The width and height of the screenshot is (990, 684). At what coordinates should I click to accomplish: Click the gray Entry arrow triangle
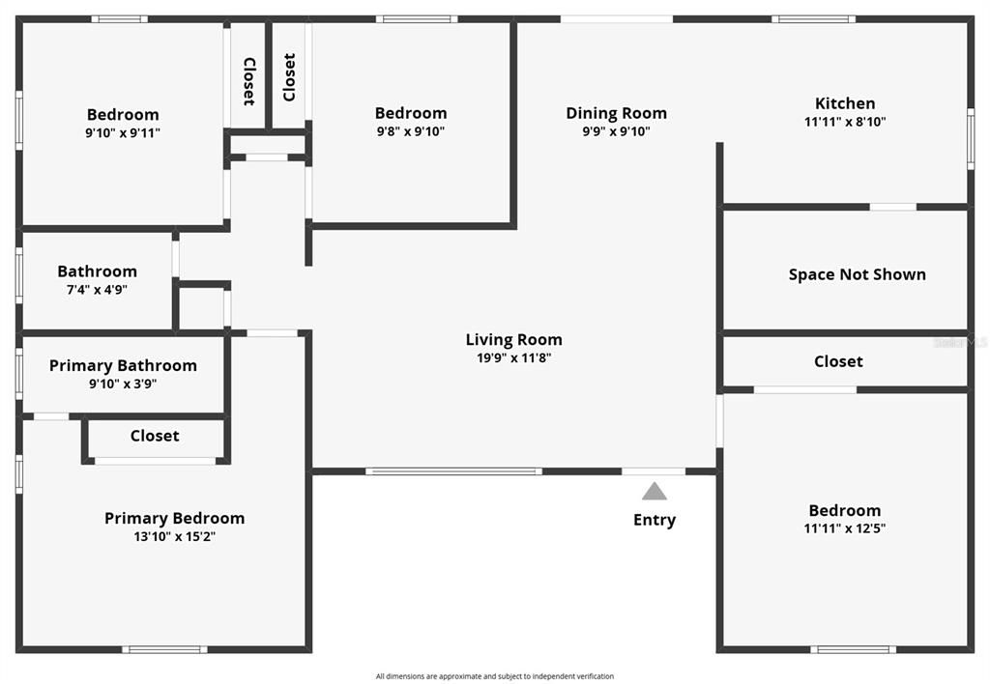coord(655,492)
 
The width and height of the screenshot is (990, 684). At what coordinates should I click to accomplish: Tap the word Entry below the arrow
coord(655,520)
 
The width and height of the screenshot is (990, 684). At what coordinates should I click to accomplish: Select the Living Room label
coord(513,339)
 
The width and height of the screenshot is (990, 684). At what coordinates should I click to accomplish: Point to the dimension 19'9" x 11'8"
coord(513,357)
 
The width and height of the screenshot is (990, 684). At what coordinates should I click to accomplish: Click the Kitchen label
coord(845,103)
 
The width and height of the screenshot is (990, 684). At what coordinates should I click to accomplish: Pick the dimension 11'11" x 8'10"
coord(845,122)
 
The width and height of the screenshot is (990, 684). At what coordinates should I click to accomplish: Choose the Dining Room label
coord(616,113)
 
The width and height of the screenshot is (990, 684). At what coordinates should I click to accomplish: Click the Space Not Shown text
coord(857,274)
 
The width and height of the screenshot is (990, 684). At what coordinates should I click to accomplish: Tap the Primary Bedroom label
coord(174,518)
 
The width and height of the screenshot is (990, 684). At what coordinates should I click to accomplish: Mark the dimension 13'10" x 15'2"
coord(174,536)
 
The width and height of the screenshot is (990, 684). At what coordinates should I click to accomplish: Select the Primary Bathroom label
coord(123,365)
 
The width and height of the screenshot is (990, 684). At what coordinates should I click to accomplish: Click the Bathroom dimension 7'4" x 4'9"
coord(97,289)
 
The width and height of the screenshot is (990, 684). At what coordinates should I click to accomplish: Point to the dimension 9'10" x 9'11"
coord(123,132)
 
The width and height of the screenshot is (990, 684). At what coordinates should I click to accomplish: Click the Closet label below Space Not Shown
coord(838,361)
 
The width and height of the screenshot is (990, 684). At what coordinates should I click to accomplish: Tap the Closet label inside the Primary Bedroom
coord(155,436)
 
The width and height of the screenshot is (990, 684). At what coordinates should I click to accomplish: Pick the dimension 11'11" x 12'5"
coord(845,528)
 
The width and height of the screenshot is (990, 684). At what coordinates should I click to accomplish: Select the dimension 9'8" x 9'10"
coord(411,131)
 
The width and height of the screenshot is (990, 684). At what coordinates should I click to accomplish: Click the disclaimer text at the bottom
coord(495,676)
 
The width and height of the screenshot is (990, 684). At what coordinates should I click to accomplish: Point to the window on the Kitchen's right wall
coord(970,140)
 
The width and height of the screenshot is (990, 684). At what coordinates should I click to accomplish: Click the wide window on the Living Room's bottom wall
coord(453,471)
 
